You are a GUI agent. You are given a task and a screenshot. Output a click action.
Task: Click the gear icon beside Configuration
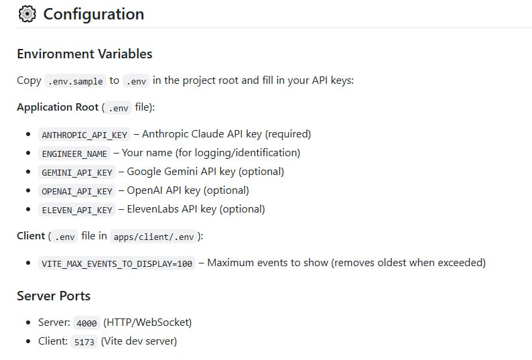tap(27, 14)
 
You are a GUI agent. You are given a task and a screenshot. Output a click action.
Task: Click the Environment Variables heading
tap(84, 54)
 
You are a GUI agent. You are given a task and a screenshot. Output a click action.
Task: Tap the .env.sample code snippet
tap(75, 81)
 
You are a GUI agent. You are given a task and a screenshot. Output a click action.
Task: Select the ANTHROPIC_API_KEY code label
tap(84, 135)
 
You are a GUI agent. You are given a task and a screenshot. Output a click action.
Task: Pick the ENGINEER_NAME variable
tap(74, 154)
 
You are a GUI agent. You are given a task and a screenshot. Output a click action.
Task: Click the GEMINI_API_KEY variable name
tap(76, 172)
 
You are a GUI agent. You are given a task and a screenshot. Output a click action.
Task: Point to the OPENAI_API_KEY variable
tap(76, 191)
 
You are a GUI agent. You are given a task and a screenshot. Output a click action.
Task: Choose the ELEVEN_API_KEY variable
tap(76, 210)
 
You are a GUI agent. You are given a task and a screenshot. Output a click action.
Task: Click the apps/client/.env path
tap(153, 237)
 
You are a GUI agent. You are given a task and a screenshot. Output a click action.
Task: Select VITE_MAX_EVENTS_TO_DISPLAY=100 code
tap(117, 263)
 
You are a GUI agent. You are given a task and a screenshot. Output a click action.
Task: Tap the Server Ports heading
tap(54, 296)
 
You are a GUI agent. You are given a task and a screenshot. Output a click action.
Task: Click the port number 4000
tap(86, 322)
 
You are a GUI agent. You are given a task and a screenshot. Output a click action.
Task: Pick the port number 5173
tap(84, 341)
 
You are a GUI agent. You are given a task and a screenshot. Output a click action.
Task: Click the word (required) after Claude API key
tap(287, 134)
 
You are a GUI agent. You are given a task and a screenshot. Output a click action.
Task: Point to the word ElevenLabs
tap(153, 209)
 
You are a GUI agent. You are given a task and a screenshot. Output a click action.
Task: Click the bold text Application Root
tap(58, 107)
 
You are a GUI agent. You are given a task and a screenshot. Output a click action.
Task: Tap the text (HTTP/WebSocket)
tap(147, 322)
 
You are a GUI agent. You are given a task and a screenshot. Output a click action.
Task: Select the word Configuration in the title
tap(94, 14)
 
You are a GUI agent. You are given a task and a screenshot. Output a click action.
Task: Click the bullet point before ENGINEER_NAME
tap(28, 153)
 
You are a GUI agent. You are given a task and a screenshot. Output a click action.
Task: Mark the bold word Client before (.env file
tap(31, 236)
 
